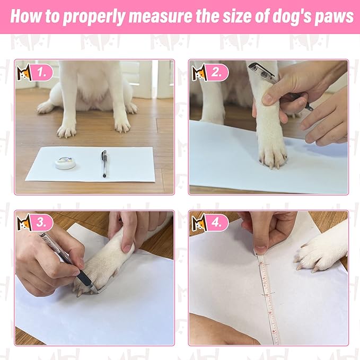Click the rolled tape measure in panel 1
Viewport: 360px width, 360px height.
[x=66, y=162]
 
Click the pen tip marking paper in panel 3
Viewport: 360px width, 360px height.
[x=95, y=289]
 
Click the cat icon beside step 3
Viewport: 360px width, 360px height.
[x=24, y=223]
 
